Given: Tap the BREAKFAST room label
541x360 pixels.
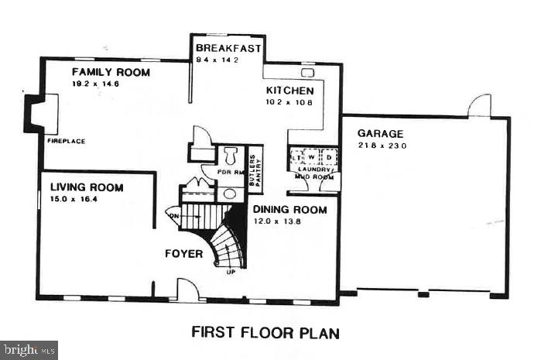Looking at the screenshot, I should point(228,48).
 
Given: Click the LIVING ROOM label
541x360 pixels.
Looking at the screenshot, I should point(87,187).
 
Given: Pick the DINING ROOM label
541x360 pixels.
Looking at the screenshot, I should point(289,210).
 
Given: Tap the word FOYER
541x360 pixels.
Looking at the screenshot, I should point(183,254).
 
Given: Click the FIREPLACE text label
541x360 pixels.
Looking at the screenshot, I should point(65,142).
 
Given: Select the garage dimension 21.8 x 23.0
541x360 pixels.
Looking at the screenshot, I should point(382,146).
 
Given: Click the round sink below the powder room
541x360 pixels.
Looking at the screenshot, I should point(230,194).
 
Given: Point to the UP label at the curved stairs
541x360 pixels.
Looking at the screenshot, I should point(230,272).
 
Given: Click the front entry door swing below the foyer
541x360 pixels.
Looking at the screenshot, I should point(187,293).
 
